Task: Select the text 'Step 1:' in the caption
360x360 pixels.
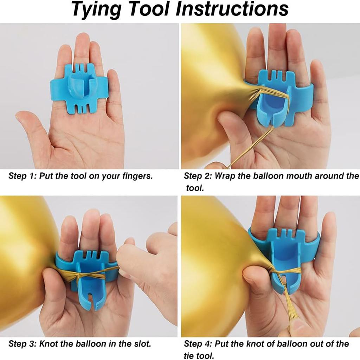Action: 22,176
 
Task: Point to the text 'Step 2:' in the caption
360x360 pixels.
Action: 198,176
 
